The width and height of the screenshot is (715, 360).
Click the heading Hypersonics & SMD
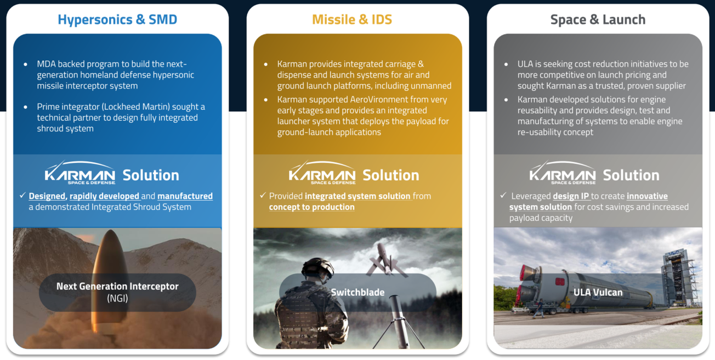click(117, 20)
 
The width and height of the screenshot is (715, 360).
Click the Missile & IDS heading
click(352, 20)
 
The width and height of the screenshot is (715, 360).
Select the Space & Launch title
click(598, 20)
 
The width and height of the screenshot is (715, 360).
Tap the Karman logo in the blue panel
click(80, 173)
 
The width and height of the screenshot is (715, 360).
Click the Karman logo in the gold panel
click(322, 173)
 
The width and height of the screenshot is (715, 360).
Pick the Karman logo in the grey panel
click(563, 173)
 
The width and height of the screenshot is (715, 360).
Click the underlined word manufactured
click(185, 196)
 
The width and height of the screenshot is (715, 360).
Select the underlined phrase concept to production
click(311, 207)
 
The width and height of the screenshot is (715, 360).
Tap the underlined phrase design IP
click(571, 196)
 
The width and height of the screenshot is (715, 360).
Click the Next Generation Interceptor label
click(117, 287)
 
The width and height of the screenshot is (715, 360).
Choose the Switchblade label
click(357, 293)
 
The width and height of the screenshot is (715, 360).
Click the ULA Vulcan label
click(598, 293)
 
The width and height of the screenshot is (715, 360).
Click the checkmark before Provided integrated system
click(263, 196)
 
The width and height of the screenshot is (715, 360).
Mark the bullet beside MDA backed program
click(26, 65)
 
